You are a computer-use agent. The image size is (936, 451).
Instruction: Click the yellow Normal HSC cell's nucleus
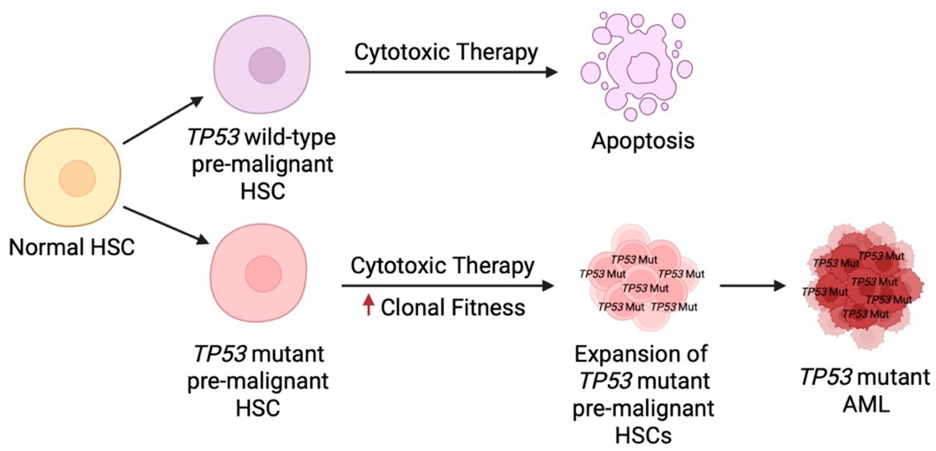click(x=77, y=179)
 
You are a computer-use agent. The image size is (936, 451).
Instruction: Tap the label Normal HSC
click(x=72, y=247)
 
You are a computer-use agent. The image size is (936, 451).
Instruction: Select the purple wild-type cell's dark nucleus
click(x=267, y=65)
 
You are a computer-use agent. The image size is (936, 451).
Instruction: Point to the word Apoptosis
click(x=643, y=141)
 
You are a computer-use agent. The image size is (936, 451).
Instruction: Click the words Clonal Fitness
click(x=453, y=307)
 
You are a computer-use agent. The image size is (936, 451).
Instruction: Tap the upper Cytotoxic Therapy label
click(x=446, y=52)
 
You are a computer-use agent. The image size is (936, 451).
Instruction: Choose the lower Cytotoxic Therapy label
click(x=442, y=266)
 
